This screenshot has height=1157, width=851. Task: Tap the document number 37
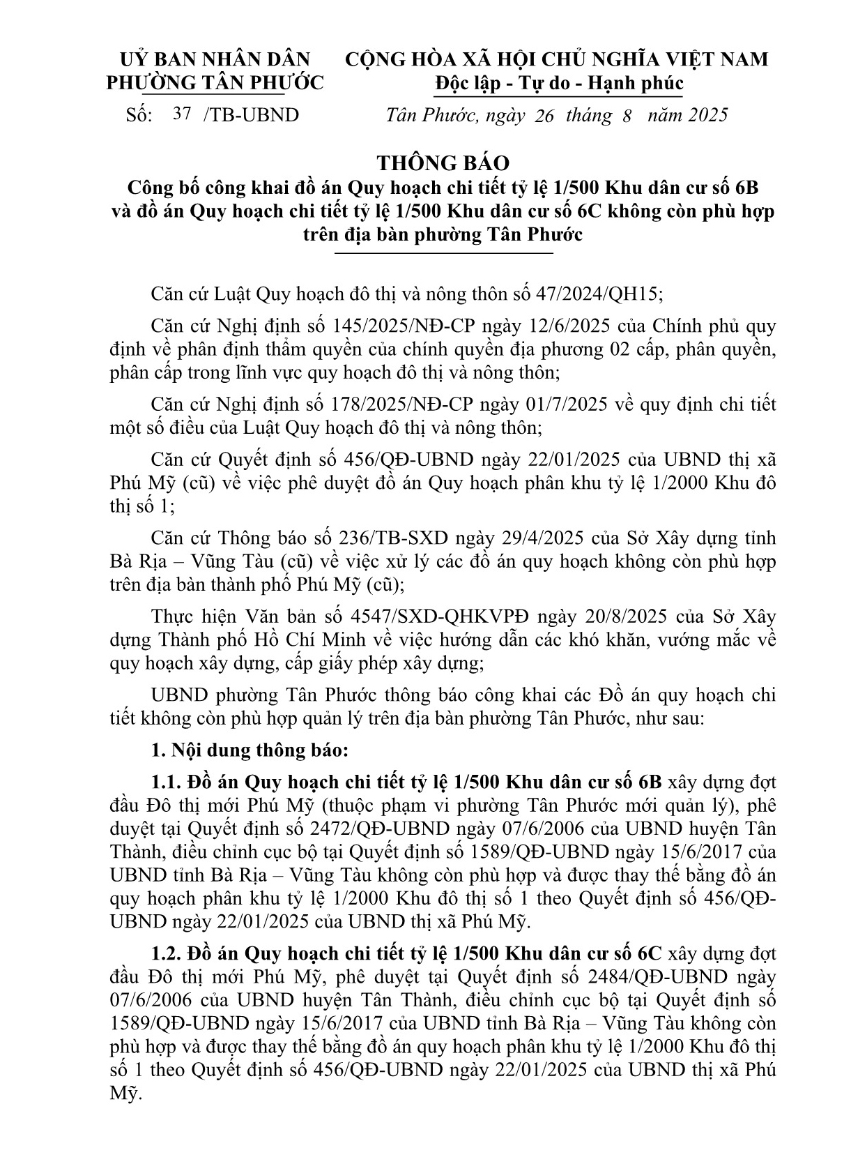[x=182, y=114]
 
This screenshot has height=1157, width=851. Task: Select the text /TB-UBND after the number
[x=251, y=115]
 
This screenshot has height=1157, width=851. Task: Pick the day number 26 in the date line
[x=544, y=116]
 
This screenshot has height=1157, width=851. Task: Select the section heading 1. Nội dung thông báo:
[x=249, y=751]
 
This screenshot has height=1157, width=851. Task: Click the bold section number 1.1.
[x=167, y=782]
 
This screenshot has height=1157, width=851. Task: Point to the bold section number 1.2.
[x=167, y=953]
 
